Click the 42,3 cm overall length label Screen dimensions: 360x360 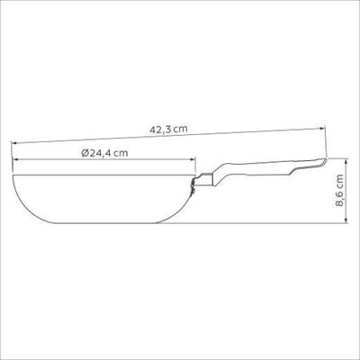pyautogui.click(x=168, y=130)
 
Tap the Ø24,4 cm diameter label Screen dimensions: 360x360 pyautogui.click(x=104, y=153)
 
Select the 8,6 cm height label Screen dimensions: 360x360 pyautogui.click(x=339, y=191)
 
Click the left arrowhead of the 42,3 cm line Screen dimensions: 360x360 pyautogui.click(x=14, y=143)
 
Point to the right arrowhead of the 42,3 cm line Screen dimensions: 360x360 pyautogui.click(x=323, y=128)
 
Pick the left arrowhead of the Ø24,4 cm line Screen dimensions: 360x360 pyautogui.click(x=15, y=160)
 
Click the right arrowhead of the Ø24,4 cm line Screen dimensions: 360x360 pyautogui.click(x=193, y=160)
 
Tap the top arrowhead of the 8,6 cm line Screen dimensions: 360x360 pyautogui.click(x=346, y=161)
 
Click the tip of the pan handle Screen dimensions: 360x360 pyautogui.click(x=325, y=160)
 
